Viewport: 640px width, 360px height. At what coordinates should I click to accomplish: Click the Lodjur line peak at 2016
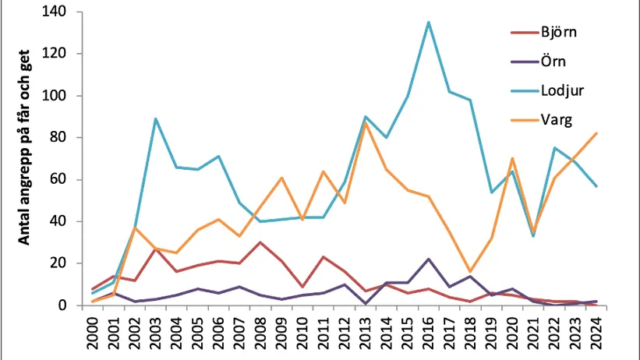pyautogui.click(x=428, y=23)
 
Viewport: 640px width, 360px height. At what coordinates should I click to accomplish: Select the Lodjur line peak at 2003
pyautogui.click(x=157, y=118)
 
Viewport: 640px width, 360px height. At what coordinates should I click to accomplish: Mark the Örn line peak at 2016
pyautogui.click(x=428, y=259)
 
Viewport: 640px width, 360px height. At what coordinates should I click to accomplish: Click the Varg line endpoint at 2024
pyautogui.click(x=596, y=133)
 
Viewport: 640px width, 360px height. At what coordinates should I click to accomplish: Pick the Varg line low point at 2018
pyautogui.click(x=470, y=271)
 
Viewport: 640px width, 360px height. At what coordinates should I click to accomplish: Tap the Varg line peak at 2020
pyautogui.click(x=512, y=158)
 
